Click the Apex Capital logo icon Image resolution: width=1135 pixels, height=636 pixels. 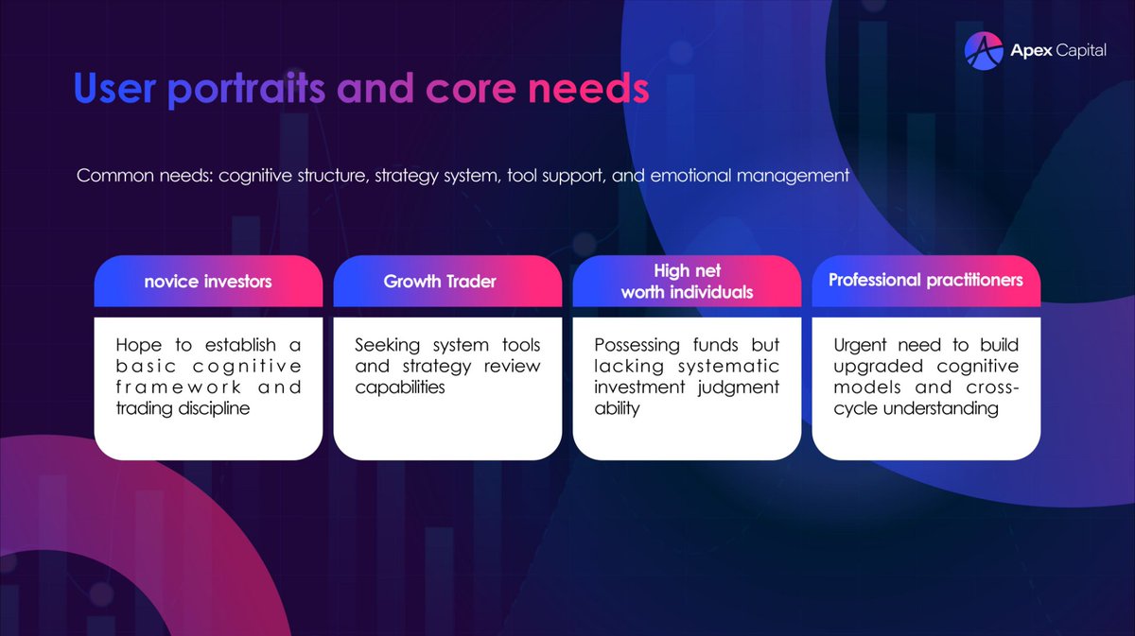pos(983,51)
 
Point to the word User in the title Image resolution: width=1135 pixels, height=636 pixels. pos(113,89)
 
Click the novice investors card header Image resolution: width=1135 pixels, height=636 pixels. pos(208,281)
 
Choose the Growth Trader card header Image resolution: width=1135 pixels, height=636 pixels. pos(440,281)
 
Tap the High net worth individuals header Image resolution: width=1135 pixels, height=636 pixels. pos(687,282)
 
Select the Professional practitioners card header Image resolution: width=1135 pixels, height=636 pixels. pos(925,280)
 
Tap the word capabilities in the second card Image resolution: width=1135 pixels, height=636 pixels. pos(399,387)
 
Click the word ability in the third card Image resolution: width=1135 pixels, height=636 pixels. pos(618,409)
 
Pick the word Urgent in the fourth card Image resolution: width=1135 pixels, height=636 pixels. pos(860,345)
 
